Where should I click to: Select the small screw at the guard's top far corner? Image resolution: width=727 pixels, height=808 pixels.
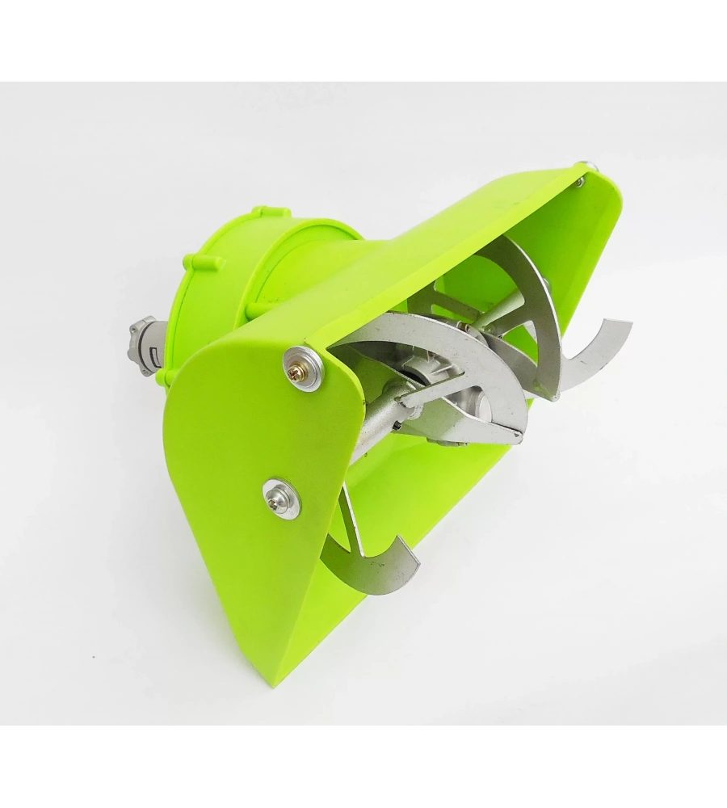pos(580,182)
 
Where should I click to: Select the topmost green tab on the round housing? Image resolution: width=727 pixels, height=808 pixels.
pos(258,213)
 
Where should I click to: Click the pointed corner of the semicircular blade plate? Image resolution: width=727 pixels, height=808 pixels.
pos(517,437)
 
